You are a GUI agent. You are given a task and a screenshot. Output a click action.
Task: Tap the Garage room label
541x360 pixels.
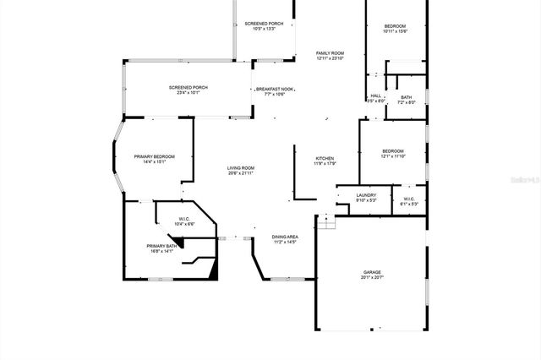(372, 272)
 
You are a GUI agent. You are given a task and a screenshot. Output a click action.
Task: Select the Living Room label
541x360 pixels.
(240, 168)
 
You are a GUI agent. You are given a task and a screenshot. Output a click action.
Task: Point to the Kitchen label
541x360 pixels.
(325, 159)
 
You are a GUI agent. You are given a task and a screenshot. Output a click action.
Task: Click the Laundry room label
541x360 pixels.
(366, 195)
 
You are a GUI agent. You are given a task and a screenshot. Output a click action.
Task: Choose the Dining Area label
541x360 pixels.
(285, 237)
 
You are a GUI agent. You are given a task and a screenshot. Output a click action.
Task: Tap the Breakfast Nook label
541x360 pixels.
(276, 89)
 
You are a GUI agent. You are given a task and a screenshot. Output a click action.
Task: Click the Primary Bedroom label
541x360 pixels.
(155, 156)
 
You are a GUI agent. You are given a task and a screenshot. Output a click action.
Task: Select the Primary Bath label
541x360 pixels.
(161, 246)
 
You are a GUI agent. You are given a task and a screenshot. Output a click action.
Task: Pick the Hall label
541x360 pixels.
(375, 95)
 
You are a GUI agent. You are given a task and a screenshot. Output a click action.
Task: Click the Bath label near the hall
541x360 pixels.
(407, 97)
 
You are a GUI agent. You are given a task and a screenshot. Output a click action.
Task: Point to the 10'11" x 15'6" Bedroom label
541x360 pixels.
(394, 26)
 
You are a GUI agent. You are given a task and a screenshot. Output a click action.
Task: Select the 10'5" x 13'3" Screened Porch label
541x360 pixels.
(262, 24)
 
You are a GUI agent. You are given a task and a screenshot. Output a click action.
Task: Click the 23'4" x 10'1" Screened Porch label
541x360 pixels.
(188, 87)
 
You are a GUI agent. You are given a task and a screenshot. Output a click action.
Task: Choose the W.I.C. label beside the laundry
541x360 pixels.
(407, 199)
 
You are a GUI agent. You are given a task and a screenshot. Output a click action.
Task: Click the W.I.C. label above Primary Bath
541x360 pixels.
(184, 219)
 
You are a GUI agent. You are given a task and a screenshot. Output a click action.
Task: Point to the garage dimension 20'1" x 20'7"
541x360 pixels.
(372, 277)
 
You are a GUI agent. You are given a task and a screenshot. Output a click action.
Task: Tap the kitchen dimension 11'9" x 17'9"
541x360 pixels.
(325, 164)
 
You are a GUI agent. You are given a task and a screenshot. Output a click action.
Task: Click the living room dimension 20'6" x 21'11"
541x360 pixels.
(240, 173)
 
